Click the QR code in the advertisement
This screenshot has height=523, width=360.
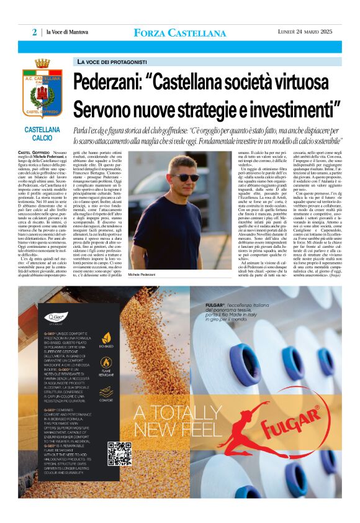pos(119,453)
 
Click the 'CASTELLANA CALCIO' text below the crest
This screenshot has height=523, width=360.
pos(42,133)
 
